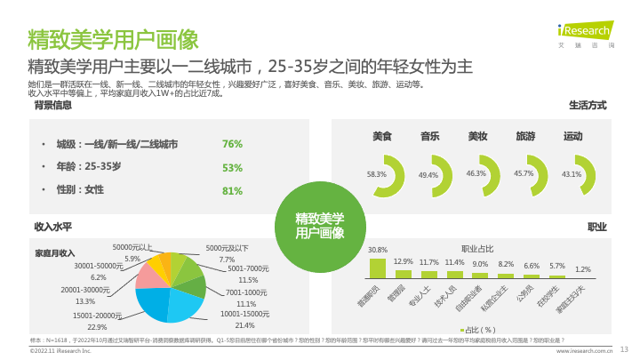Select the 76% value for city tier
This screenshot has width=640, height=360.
(x=232, y=144)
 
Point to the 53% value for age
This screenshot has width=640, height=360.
(x=232, y=167)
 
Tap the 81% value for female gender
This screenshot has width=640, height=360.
(x=232, y=190)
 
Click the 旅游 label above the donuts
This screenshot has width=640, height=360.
(x=525, y=137)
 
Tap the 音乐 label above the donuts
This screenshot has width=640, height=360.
(x=430, y=137)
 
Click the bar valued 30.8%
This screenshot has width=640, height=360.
(x=378, y=268)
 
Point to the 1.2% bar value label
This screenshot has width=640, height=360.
(x=583, y=268)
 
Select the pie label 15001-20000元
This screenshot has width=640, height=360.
(x=97, y=315)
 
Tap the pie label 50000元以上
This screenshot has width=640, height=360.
(x=132, y=247)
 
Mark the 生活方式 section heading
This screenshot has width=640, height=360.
(x=588, y=105)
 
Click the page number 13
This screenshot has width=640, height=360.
(x=623, y=348)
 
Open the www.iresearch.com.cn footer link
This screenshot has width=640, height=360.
(x=585, y=351)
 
